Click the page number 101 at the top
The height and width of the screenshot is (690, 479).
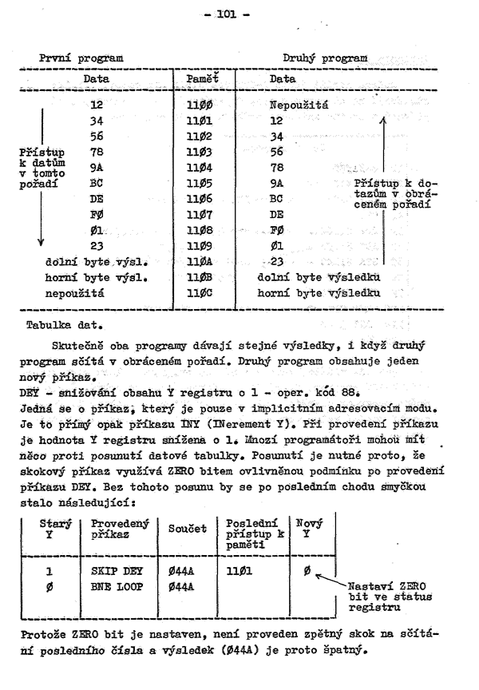[x=237, y=13]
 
